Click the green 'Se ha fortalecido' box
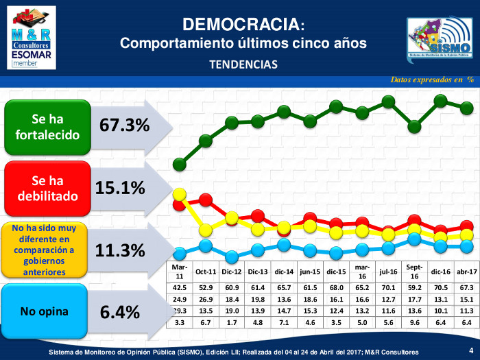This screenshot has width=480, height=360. point(47,125)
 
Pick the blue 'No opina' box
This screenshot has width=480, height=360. point(45,311)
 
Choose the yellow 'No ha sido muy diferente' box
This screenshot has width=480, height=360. point(45,250)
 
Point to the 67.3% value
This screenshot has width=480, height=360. point(124,125)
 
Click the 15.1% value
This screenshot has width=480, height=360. point(119,188)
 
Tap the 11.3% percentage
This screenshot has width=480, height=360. point(119,250)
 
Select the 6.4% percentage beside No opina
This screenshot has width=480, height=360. point(119,312)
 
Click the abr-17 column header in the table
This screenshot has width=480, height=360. point(466,272)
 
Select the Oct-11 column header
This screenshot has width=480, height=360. point(206,272)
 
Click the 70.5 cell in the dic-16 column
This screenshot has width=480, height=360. point(440,289)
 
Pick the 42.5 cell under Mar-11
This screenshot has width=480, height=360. point(180,289)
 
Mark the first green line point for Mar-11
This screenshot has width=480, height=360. point(180,164)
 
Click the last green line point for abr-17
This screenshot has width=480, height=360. point(466,108)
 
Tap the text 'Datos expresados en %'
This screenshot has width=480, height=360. point(433,80)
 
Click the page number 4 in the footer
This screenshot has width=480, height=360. point(470,350)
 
